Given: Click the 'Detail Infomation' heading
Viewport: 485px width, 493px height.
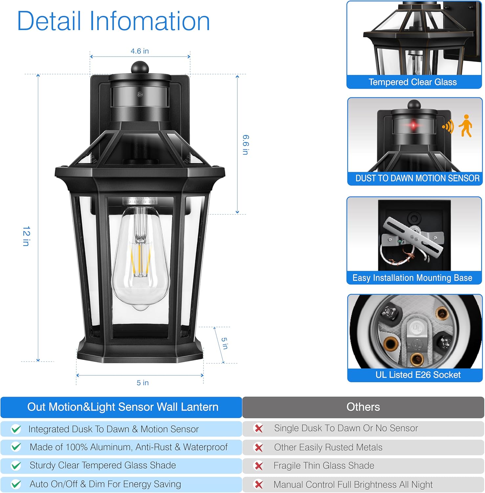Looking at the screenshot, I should [113, 21].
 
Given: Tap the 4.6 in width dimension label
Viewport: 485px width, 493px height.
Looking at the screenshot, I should [140, 51].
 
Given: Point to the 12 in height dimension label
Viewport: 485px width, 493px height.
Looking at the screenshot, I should [26, 236].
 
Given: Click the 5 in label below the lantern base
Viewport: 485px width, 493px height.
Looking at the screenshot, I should [143, 383].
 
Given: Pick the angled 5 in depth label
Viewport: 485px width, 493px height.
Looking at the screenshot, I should [225, 343].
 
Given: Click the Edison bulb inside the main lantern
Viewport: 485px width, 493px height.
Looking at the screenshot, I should [141, 260].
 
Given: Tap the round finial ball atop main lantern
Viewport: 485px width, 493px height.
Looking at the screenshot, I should [140, 68].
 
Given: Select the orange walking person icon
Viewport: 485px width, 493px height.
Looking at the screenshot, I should [466, 126].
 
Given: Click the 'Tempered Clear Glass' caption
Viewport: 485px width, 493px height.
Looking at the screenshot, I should [412, 82].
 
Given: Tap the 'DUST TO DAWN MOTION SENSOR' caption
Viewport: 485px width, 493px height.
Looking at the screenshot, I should [417, 178].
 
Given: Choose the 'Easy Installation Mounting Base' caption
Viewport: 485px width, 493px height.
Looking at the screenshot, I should [412, 278].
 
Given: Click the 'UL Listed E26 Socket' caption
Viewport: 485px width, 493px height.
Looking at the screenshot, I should [418, 375].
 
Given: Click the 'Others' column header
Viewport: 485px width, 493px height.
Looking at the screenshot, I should [363, 407].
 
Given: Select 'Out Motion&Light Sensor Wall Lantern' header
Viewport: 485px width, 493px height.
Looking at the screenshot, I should [122, 407].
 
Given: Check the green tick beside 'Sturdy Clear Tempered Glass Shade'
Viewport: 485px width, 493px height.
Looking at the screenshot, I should [16, 466].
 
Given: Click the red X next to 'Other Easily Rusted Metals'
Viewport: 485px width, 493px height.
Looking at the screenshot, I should [259, 448].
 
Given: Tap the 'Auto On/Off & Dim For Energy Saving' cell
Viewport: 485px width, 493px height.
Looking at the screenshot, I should [105, 484].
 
